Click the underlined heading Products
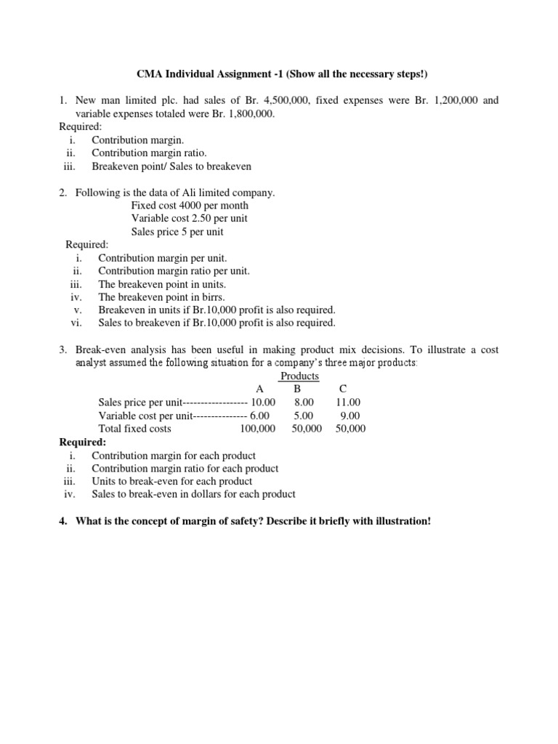(299, 376)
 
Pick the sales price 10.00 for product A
(263, 402)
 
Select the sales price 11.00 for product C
(348, 402)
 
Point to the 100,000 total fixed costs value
(258, 429)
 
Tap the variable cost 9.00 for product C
(350, 416)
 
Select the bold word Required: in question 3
(82, 442)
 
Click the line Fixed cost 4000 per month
(190, 206)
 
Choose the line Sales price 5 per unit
(177, 232)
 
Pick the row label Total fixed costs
(134, 429)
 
